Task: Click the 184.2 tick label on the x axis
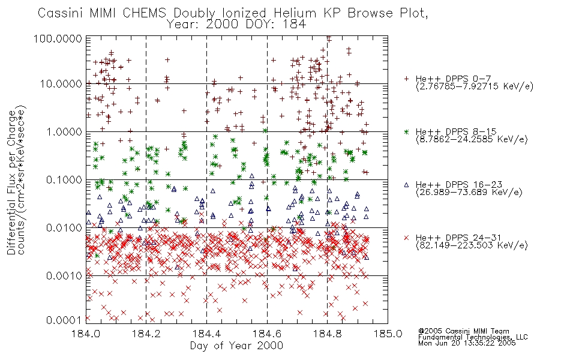coord(146,334)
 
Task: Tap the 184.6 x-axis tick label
coord(267,334)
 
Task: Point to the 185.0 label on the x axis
coord(388,334)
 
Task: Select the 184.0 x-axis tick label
coord(86,334)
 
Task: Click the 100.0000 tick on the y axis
coord(58,38)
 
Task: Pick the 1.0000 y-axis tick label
coord(64,131)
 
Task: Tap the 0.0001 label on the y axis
coord(64,320)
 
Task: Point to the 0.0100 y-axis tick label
coord(64,228)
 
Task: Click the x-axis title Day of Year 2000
coord(236,346)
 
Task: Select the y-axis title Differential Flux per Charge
coord(11,182)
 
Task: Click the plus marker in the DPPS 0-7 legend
coord(406,79)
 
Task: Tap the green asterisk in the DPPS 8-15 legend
coord(406,131)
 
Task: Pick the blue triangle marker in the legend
coord(406,185)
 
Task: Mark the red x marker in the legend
coord(406,238)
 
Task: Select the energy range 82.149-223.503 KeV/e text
coord(472,245)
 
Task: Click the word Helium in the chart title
coord(295,13)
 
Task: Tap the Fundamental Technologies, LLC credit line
coord(473,337)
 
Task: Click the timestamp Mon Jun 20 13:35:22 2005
coord(467,343)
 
